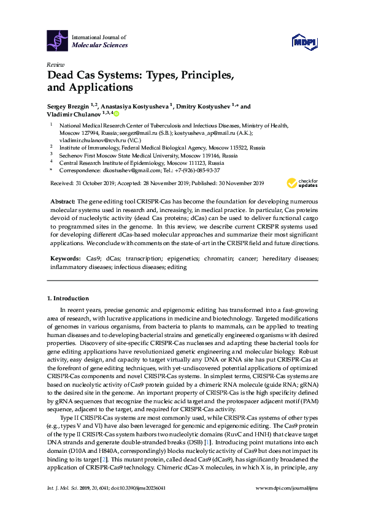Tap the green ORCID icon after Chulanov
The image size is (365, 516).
[x=116, y=113]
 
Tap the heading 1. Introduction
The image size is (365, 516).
[x=67, y=298]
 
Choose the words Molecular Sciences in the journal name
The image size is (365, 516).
[x=100, y=45]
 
